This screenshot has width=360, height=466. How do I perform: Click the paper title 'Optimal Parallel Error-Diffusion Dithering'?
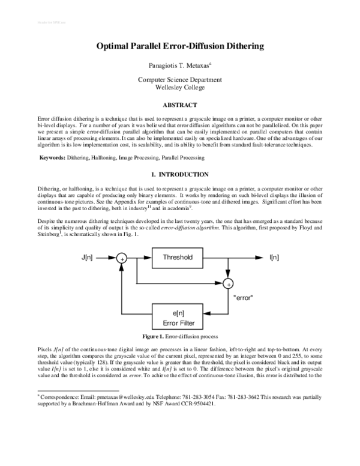[179, 46]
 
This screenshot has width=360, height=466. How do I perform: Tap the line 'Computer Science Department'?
[179, 79]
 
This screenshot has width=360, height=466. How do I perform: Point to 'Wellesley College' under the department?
[179, 87]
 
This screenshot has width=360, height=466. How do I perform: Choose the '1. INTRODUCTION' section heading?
[179, 175]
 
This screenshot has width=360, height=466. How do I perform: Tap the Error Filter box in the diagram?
[179, 316]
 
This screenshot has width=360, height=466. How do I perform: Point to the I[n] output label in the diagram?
[274, 258]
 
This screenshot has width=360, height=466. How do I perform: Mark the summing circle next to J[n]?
[122, 258]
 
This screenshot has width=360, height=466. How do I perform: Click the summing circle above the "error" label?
[228, 282]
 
